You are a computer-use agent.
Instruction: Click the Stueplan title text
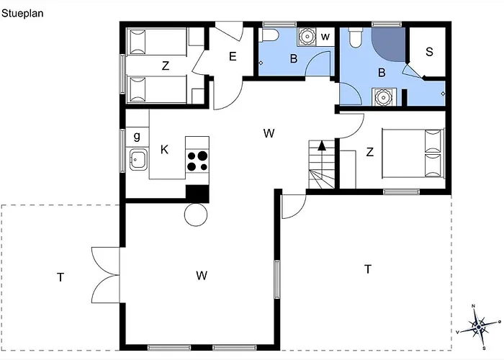(x=22, y=14)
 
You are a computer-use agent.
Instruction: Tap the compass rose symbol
(x=479, y=327)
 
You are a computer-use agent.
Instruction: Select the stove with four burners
(x=197, y=161)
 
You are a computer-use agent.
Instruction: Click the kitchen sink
(x=138, y=159)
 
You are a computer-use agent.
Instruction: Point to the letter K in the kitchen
(x=164, y=150)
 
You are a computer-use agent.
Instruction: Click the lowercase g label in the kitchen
(x=137, y=137)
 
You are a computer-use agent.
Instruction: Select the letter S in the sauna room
(x=429, y=52)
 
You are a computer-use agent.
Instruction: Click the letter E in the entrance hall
(x=233, y=57)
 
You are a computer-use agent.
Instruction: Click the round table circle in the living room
(x=196, y=215)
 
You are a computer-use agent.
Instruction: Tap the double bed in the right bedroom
(x=413, y=153)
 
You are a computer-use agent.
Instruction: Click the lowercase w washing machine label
(x=325, y=37)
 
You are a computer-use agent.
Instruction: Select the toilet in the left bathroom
(x=269, y=35)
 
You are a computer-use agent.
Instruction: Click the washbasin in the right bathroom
(x=384, y=96)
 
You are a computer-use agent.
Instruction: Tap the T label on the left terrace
(x=60, y=277)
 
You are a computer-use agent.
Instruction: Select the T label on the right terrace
(x=368, y=269)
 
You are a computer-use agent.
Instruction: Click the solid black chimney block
(x=198, y=194)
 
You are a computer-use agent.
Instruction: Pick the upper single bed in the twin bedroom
(x=157, y=42)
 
